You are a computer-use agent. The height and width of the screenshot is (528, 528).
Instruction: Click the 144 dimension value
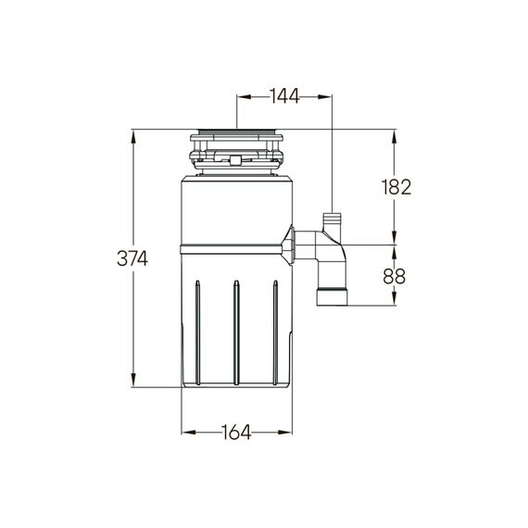click(x=284, y=96)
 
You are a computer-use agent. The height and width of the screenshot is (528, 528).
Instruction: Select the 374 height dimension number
click(x=132, y=259)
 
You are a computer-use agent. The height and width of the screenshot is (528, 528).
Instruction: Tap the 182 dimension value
click(x=396, y=187)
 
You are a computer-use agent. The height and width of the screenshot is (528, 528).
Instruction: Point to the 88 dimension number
click(x=395, y=276)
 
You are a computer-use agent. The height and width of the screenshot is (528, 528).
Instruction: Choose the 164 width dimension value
click(x=236, y=432)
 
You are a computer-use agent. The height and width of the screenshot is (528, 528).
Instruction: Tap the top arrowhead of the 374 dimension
click(x=133, y=137)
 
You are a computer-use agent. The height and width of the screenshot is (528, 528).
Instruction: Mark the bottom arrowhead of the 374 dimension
click(x=133, y=380)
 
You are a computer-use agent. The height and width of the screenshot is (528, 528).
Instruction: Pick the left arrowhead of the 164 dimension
click(x=189, y=432)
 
